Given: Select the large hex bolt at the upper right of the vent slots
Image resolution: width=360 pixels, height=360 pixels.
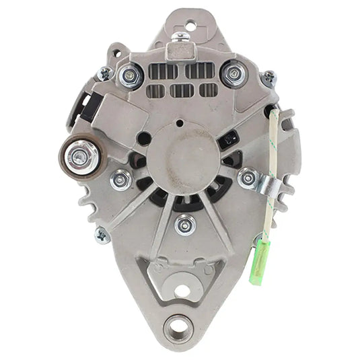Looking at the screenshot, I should tap(233, 73).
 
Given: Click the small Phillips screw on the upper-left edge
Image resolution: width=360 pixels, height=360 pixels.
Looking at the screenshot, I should tap(104, 74).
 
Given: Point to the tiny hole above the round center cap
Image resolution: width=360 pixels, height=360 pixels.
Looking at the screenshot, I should tap(180, 123).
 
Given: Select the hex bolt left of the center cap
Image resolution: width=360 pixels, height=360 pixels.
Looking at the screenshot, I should tap(122, 178).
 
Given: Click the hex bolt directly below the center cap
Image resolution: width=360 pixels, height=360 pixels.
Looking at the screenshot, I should tap(184, 223).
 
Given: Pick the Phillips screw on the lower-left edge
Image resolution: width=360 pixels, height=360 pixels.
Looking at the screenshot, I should tap(102, 235).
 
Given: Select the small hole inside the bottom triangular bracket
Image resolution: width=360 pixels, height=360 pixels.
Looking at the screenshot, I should tap(181, 291).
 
